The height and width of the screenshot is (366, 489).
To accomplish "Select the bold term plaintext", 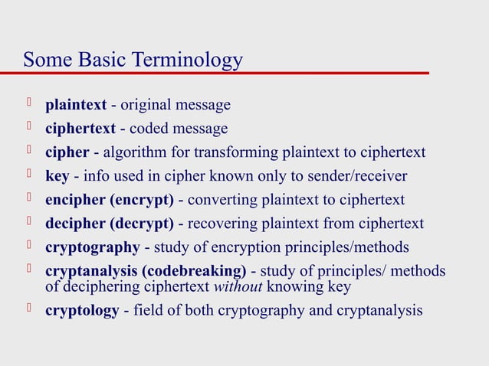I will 76,105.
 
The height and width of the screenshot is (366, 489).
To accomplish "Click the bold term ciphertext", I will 80,129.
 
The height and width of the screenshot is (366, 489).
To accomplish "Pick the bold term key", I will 57,176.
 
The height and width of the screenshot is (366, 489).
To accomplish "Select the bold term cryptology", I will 82,310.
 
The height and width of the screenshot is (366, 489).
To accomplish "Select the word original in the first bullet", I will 143,105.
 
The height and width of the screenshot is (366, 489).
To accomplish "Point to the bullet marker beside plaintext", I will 30,103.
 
